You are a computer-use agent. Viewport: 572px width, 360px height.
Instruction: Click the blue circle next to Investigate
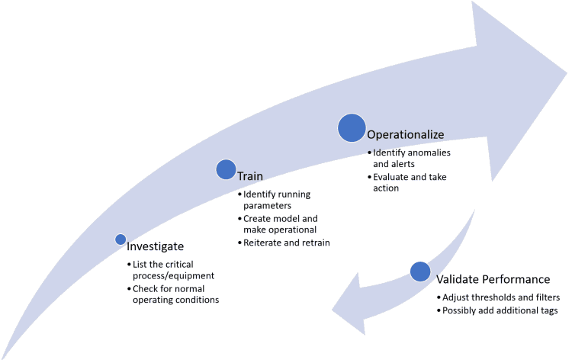[121, 239]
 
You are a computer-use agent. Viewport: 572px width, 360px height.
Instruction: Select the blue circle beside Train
[226, 169]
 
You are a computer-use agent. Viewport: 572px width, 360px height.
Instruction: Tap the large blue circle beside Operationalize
[351, 128]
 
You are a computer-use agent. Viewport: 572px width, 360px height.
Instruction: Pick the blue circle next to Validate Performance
[420, 272]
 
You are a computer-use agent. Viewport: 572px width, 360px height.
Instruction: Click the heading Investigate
[155, 246]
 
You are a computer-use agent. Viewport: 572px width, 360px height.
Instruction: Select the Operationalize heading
[405, 134]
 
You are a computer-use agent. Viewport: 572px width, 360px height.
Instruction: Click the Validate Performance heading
[492, 279]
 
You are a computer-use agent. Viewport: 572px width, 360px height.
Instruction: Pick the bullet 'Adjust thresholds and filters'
[500, 297]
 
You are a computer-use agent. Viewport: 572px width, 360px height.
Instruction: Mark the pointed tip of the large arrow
[565, 75]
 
